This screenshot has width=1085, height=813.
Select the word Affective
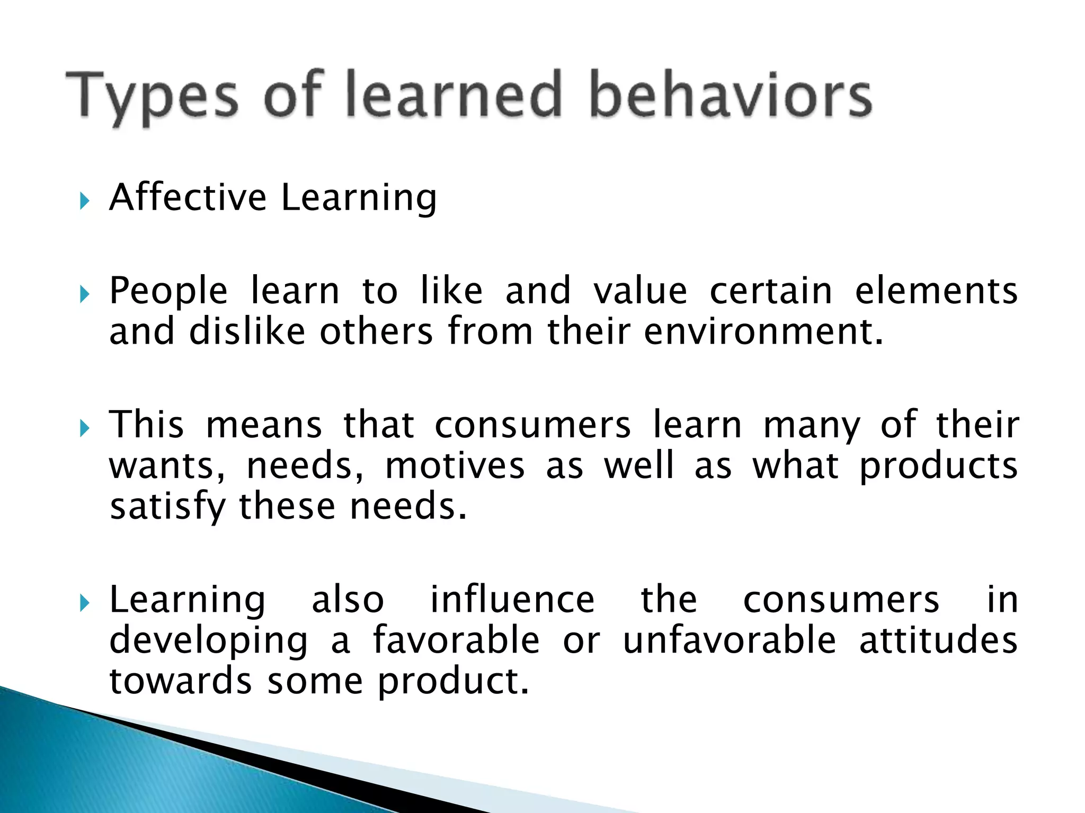(x=188, y=197)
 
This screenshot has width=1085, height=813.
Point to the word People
(x=168, y=292)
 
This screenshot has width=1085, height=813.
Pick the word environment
(x=763, y=332)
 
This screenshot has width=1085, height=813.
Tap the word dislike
(x=247, y=332)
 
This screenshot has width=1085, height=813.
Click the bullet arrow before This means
(x=84, y=428)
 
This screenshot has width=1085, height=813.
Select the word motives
(x=455, y=466)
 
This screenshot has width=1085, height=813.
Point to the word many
(x=812, y=426)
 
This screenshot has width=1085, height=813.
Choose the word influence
(x=512, y=600)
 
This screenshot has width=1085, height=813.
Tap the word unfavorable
(x=729, y=640)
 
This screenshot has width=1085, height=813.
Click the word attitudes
(x=938, y=640)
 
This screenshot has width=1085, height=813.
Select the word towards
(x=180, y=681)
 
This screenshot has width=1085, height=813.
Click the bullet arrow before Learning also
(x=84, y=603)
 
